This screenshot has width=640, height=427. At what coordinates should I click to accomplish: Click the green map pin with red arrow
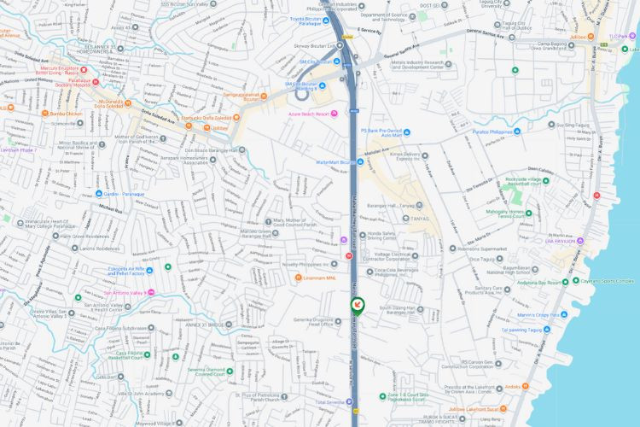(358, 305)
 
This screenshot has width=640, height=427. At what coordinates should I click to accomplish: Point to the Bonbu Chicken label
(63, 113)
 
